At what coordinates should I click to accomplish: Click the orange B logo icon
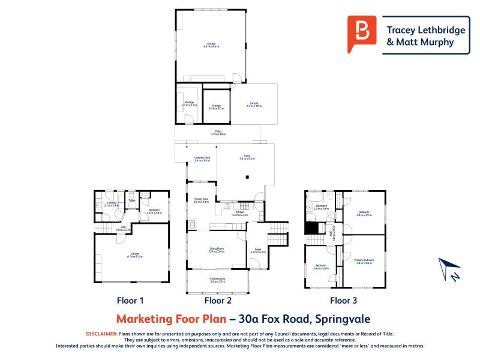(x=362, y=35)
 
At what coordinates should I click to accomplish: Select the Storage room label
(x=189, y=104)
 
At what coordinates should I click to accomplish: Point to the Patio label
(x=217, y=133)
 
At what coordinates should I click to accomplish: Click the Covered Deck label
(x=202, y=159)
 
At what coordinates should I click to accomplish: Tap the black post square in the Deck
(x=247, y=177)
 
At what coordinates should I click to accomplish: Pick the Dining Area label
(x=200, y=201)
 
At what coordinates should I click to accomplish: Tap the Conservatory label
(x=217, y=280)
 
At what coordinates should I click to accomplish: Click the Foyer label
(x=257, y=251)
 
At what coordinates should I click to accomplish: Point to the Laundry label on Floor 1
(x=112, y=204)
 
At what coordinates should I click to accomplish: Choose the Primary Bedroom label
(x=364, y=261)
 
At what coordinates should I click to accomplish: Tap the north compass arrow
(x=448, y=268)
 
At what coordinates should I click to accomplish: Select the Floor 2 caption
(x=217, y=301)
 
